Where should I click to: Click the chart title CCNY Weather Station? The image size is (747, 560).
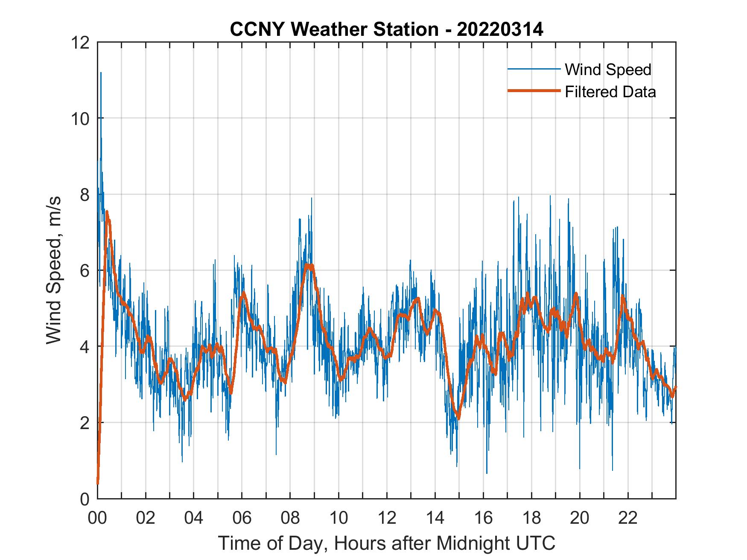[x=334, y=30]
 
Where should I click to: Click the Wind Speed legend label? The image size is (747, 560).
[x=608, y=70]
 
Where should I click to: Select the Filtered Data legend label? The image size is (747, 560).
[x=610, y=92]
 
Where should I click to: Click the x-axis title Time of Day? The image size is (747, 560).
[x=386, y=543]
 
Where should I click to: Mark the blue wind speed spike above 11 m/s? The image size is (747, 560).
[x=101, y=73]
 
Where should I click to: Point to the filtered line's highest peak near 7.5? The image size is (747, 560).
[x=107, y=212]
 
